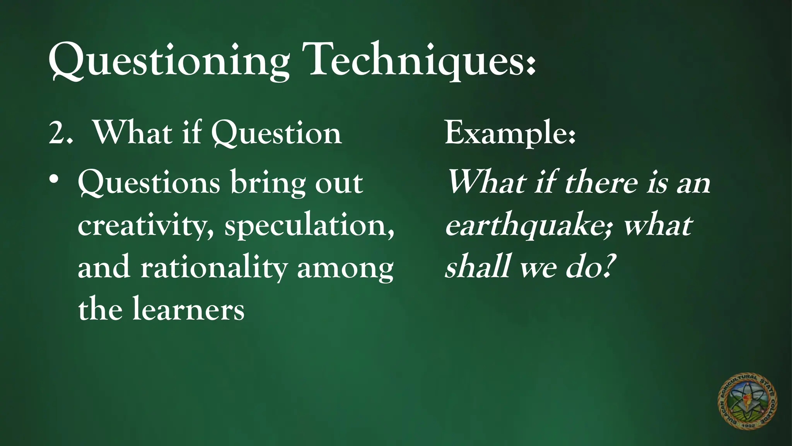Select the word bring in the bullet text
(267, 184)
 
